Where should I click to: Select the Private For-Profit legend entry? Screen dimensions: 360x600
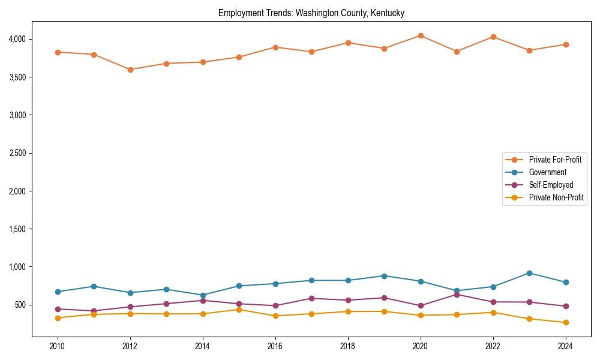click(555, 160)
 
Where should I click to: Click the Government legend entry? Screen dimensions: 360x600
click(547, 172)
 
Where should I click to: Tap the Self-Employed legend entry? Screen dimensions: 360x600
click(551, 185)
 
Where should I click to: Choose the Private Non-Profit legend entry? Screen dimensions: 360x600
click(556, 197)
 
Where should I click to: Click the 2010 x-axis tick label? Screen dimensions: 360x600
click(58, 346)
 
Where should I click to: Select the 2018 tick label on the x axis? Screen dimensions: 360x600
click(348, 346)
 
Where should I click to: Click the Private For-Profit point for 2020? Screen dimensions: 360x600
click(421, 36)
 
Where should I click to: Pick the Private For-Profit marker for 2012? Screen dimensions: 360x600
click(130, 70)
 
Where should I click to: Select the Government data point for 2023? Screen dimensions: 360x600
click(529, 273)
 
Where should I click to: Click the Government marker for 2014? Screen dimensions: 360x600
click(203, 295)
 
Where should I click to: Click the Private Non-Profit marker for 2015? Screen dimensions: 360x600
click(239, 310)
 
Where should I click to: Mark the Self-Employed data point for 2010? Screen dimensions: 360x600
click(58, 309)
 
